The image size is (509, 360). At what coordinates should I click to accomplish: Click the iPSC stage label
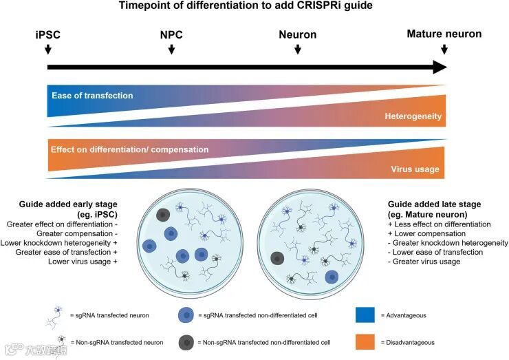47,34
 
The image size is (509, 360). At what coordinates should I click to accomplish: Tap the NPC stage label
171,34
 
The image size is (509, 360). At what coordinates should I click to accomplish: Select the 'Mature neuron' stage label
444,34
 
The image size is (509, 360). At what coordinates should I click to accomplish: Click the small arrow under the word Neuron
297,49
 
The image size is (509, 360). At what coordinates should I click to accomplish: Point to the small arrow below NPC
171,49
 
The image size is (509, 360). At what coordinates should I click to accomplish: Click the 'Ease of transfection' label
91,95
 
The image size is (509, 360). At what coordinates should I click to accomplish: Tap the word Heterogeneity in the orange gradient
413,117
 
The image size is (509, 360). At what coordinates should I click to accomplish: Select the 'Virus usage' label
415,169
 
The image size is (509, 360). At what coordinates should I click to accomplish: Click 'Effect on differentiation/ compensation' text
129,149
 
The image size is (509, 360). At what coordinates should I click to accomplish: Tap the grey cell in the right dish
278,259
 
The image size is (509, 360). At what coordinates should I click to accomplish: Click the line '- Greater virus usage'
424,262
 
